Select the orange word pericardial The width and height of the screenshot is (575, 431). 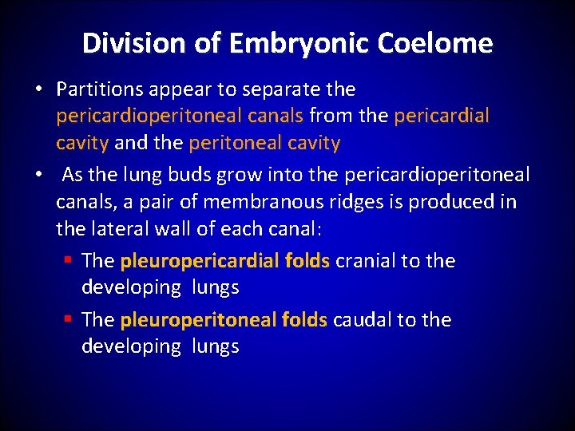442,117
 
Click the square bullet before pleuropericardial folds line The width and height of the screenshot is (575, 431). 69,261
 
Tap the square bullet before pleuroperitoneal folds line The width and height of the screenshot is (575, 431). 69,320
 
